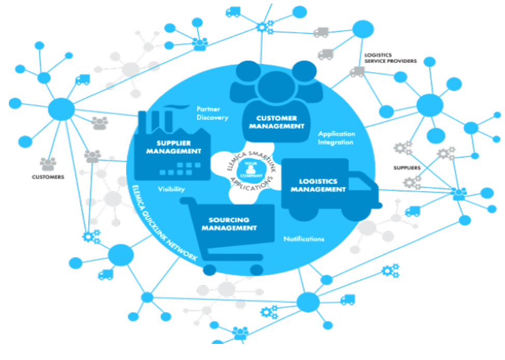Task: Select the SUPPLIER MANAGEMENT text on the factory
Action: pos(173,147)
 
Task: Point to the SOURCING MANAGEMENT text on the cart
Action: pos(229,224)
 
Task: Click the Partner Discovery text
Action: pos(212,113)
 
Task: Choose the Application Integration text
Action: pos(336,138)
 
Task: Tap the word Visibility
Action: pos(171,190)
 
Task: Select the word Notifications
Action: pos(304,239)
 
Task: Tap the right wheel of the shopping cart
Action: pos(256,269)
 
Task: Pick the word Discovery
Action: pos(212,117)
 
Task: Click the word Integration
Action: pos(336,142)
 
